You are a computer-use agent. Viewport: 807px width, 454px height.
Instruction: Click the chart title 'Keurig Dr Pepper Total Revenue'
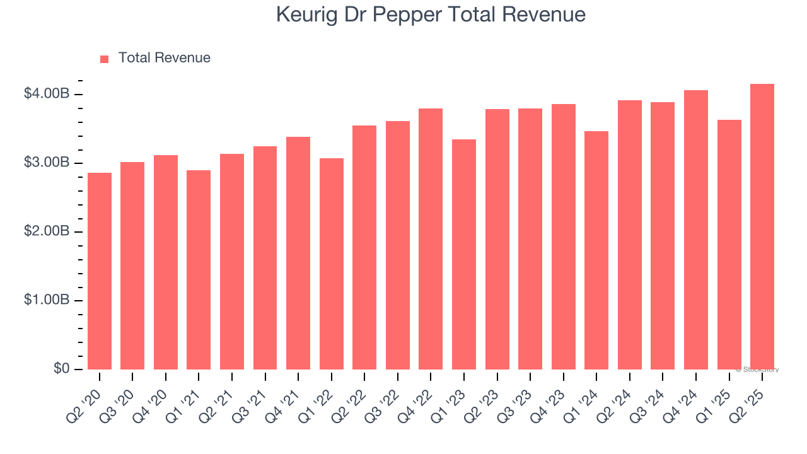tap(431, 15)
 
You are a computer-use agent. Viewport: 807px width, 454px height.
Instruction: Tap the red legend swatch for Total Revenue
tap(105, 59)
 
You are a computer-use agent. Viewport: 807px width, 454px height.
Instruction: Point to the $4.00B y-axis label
tap(47, 94)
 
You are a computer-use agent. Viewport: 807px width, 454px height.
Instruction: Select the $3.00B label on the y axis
tap(47, 163)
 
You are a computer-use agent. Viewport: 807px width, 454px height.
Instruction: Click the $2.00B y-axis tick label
tap(47, 231)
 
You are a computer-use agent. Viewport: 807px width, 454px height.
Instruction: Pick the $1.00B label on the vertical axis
tap(47, 300)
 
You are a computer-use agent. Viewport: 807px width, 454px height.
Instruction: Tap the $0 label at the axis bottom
tap(61, 369)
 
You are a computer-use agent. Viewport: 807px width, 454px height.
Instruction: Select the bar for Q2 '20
tap(100, 271)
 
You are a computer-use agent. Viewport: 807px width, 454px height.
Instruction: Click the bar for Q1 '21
tap(199, 270)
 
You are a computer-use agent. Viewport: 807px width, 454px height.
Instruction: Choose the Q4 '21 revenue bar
tap(298, 253)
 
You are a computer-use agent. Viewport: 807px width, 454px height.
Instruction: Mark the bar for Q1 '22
tap(332, 264)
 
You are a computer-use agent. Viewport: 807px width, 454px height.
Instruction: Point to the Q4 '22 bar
tap(431, 239)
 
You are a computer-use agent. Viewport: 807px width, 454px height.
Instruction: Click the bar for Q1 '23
tap(464, 254)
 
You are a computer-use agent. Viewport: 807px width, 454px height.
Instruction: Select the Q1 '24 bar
tap(596, 250)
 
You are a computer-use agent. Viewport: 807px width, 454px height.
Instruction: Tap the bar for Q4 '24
tap(696, 230)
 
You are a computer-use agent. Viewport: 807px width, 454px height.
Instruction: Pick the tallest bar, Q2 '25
tap(762, 226)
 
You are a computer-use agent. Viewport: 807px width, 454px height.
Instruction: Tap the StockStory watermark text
tap(757, 370)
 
